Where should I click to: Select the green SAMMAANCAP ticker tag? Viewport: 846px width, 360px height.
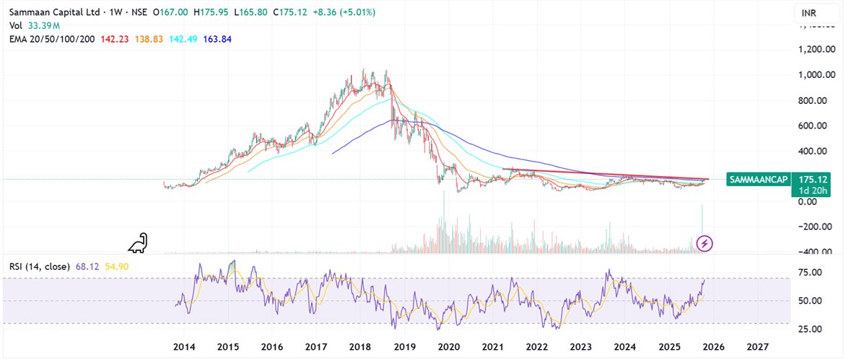coord(757,177)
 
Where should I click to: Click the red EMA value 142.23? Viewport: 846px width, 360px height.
coord(114,38)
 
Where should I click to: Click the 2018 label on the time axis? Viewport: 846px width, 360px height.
coord(359,347)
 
